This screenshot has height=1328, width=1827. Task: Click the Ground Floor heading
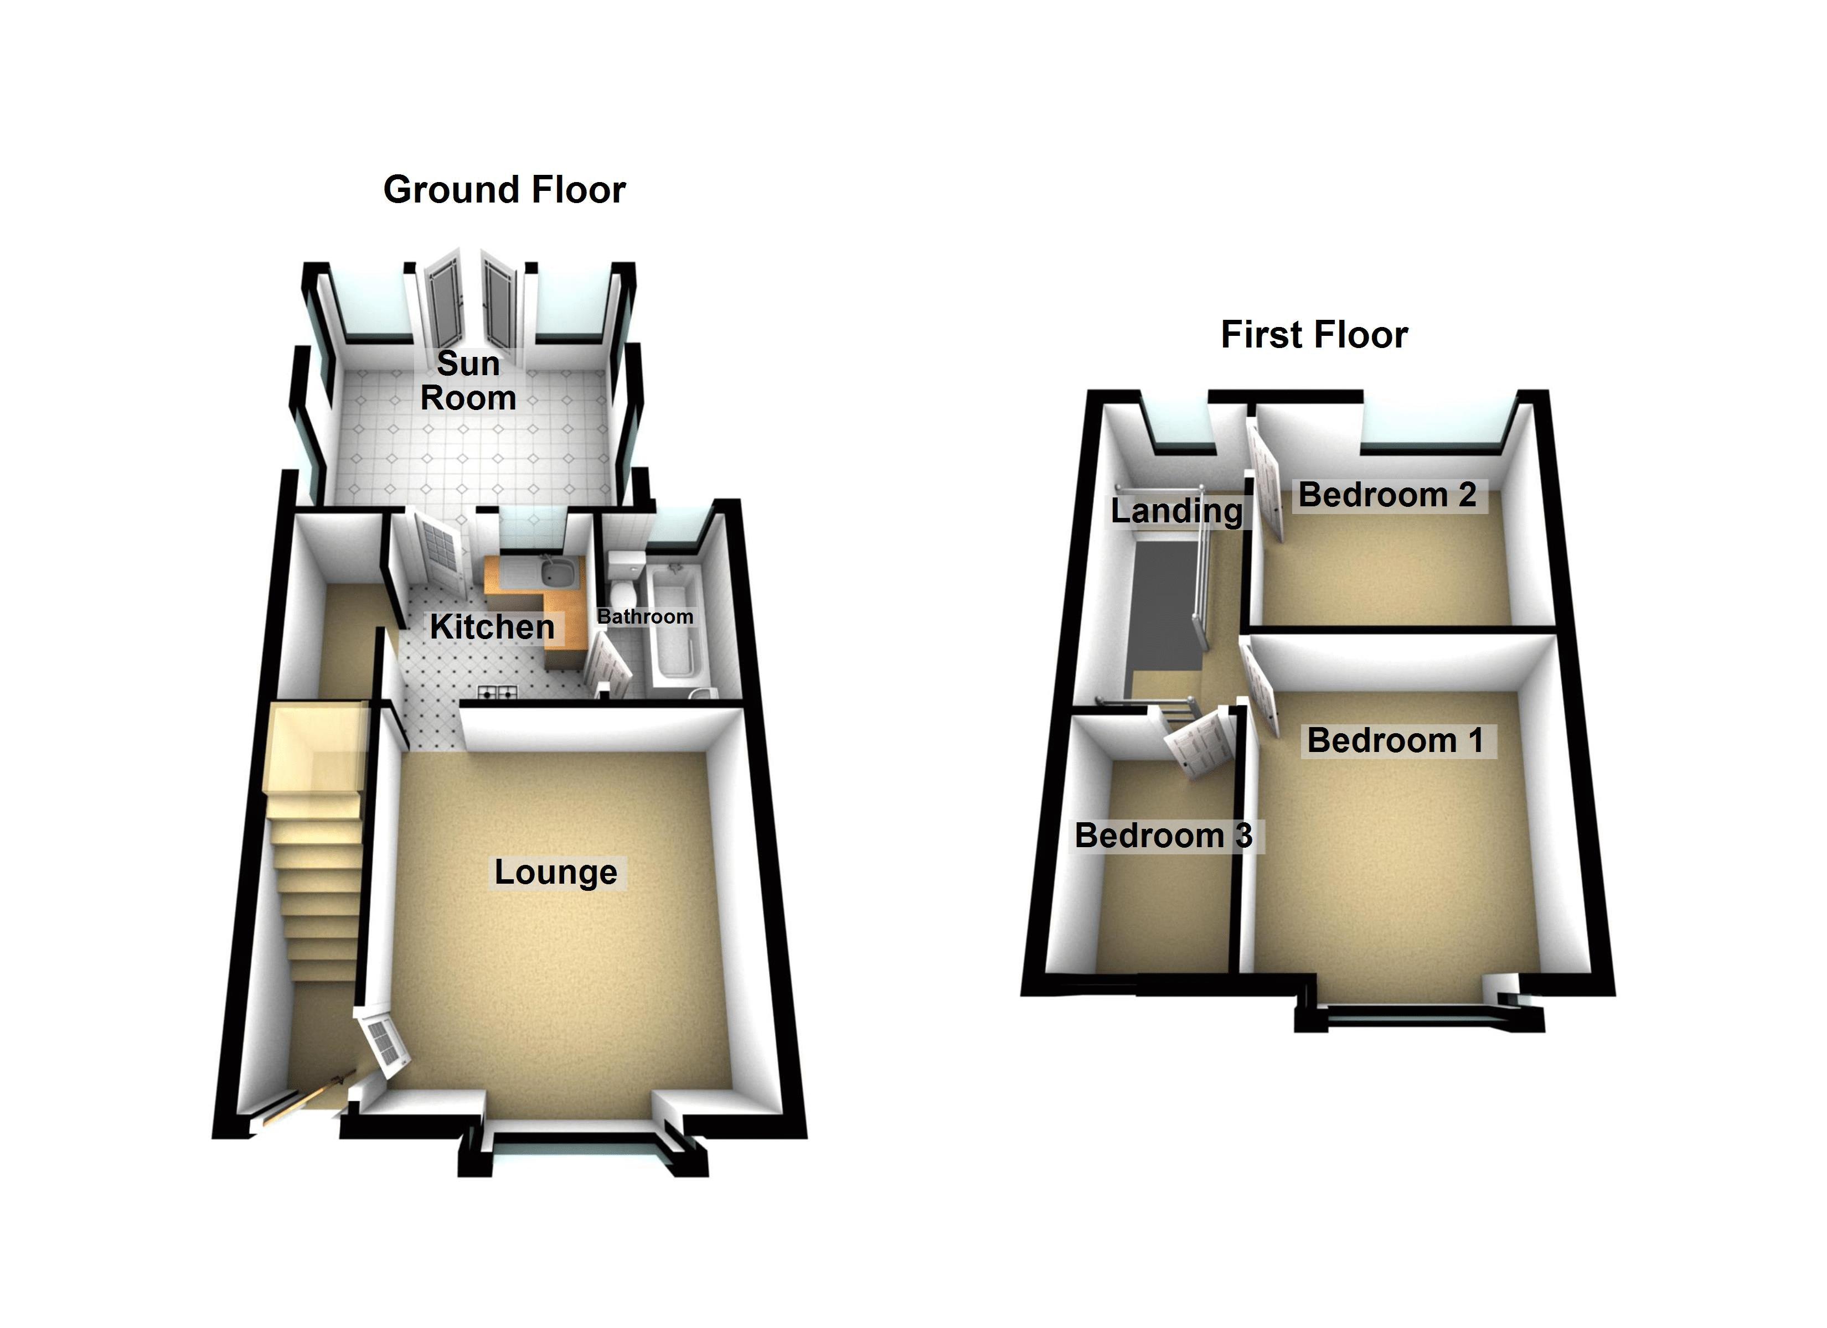tap(504, 190)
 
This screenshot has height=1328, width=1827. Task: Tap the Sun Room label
tap(468, 381)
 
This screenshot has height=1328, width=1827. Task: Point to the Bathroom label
tap(644, 617)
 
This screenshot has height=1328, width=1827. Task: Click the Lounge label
tap(555, 872)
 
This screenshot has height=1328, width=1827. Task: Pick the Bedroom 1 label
tap(1395, 740)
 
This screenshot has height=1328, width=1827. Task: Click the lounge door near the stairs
tap(385, 1045)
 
